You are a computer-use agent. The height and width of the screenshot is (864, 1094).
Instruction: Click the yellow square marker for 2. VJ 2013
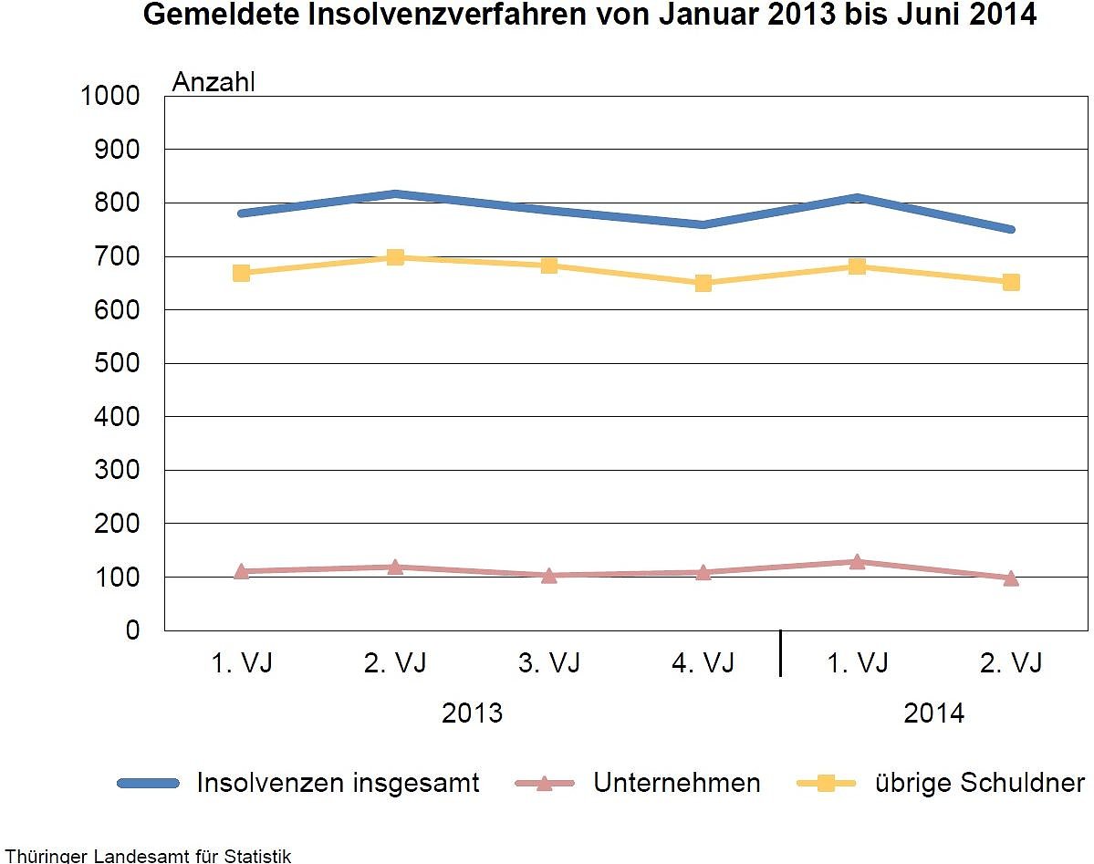(x=395, y=257)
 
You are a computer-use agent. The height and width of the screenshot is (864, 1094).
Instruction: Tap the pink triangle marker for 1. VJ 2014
(x=857, y=562)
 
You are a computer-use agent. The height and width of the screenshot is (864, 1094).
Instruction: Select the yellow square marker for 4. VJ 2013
(x=703, y=283)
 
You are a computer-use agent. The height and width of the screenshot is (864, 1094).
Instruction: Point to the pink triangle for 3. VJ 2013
(x=549, y=576)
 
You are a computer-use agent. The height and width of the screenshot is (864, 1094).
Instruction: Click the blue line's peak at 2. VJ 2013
(x=395, y=194)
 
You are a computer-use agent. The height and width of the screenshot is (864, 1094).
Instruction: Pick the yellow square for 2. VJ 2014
(x=1011, y=282)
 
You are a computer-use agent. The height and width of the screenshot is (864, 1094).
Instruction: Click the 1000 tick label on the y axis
(x=109, y=96)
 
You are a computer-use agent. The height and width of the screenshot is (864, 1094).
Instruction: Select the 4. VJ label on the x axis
(x=703, y=663)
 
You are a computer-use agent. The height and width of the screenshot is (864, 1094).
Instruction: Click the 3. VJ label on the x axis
(x=549, y=663)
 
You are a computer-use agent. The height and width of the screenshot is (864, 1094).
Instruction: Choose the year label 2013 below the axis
(x=472, y=713)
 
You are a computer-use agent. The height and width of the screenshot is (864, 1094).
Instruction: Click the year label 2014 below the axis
(x=933, y=713)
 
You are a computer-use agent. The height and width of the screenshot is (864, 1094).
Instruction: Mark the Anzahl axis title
(x=214, y=82)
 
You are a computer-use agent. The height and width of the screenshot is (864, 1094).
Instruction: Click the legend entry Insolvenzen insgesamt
(x=338, y=783)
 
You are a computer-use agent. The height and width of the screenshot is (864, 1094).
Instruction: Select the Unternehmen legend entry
(x=676, y=783)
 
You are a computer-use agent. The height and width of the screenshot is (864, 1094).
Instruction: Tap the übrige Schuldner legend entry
(x=979, y=783)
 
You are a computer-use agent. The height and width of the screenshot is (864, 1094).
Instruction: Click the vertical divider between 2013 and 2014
(x=780, y=653)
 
